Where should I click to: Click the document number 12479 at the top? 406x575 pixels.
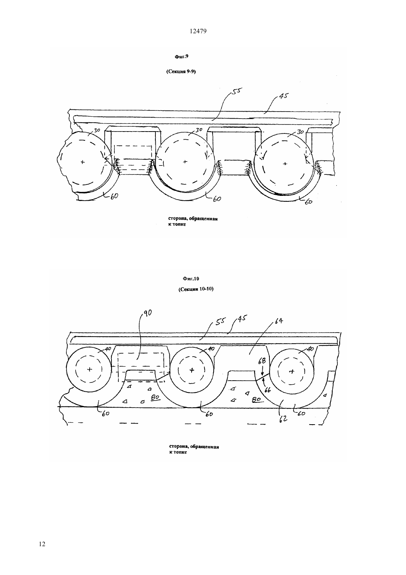pos(198,31)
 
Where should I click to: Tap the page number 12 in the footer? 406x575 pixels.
pos(42,544)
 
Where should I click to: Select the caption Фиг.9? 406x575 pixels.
pos(182,57)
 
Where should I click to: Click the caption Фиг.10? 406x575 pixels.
pos(191,279)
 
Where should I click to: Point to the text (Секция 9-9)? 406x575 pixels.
pos(181,72)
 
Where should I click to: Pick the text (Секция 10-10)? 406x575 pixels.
pos(196,289)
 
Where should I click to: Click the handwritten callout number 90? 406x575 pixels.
pos(147,313)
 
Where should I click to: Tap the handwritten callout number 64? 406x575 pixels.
pos(279,321)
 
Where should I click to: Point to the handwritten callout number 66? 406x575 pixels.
pos(267,390)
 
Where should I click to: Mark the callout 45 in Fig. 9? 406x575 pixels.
pos(284,96)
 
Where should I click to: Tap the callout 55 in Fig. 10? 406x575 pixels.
pos(221,321)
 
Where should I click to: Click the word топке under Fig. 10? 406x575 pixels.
pos(180,452)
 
